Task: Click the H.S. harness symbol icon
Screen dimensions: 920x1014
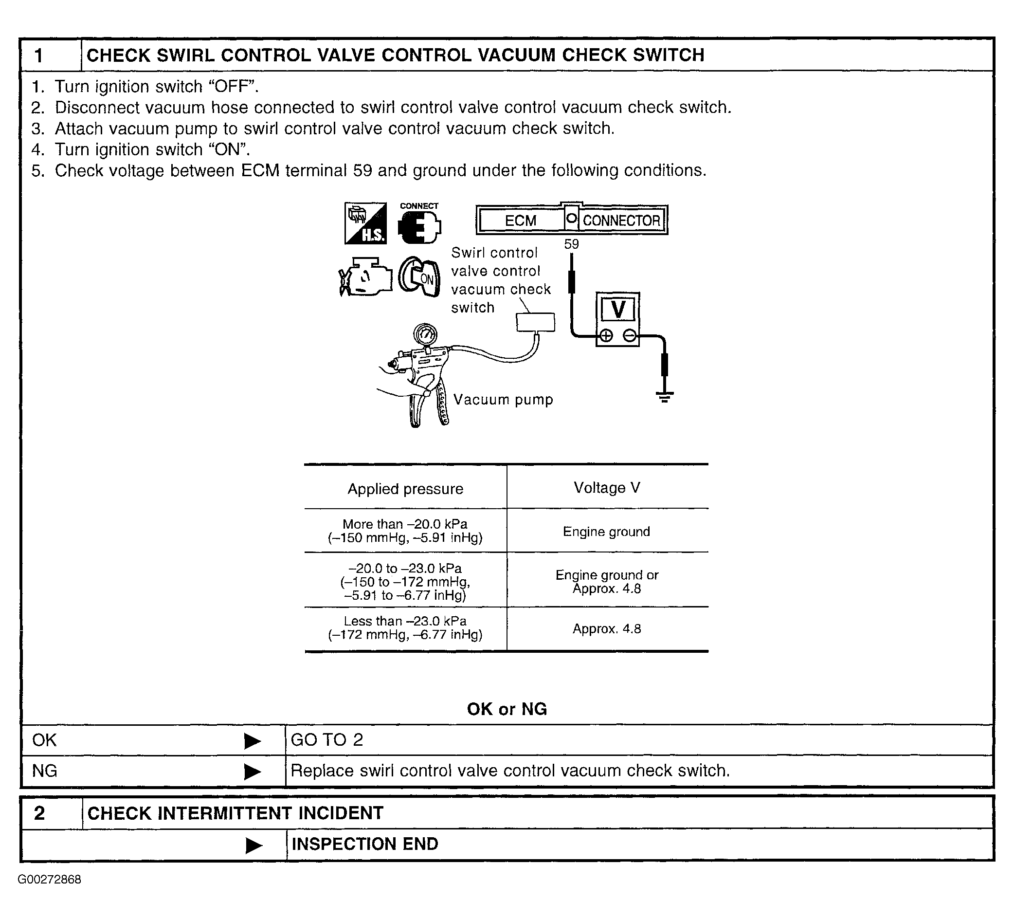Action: pyautogui.click(x=366, y=223)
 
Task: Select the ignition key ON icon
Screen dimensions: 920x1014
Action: pyautogui.click(x=419, y=277)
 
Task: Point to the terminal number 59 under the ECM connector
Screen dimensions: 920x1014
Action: pyautogui.click(x=571, y=244)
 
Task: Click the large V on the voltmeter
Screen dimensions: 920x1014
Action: pyautogui.click(x=617, y=309)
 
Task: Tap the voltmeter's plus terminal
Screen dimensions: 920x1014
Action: pyautogui.click(x=606, y=335)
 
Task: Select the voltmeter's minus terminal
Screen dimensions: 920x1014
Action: pyautogui.click(x=629, y=335)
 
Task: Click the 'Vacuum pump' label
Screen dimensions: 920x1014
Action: pyautogui.click(x=503, y=400)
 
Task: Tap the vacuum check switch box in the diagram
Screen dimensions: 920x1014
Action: pyautogui.click(x=536, y=322)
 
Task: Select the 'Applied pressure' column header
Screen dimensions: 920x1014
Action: pyautogui.click(x=405, y=489)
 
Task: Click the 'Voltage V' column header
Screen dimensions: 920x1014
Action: pyautogui.click(x=607, y=488)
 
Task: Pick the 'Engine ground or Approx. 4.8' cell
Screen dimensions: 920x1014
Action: pyautogui.click(x=607, y=582)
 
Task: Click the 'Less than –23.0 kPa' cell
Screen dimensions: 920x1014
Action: pyautogui.click(x=405, y=628)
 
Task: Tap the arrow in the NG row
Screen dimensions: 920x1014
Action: pyautogui.click(x=253, y=772)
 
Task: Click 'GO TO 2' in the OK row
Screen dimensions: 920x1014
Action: pyautogui.click(x=327, y=740)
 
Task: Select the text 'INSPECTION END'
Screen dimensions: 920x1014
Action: pyautogui.click(x=365, y=844)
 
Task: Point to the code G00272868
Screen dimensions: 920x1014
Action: pyautogui.click(x=49, y=880)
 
